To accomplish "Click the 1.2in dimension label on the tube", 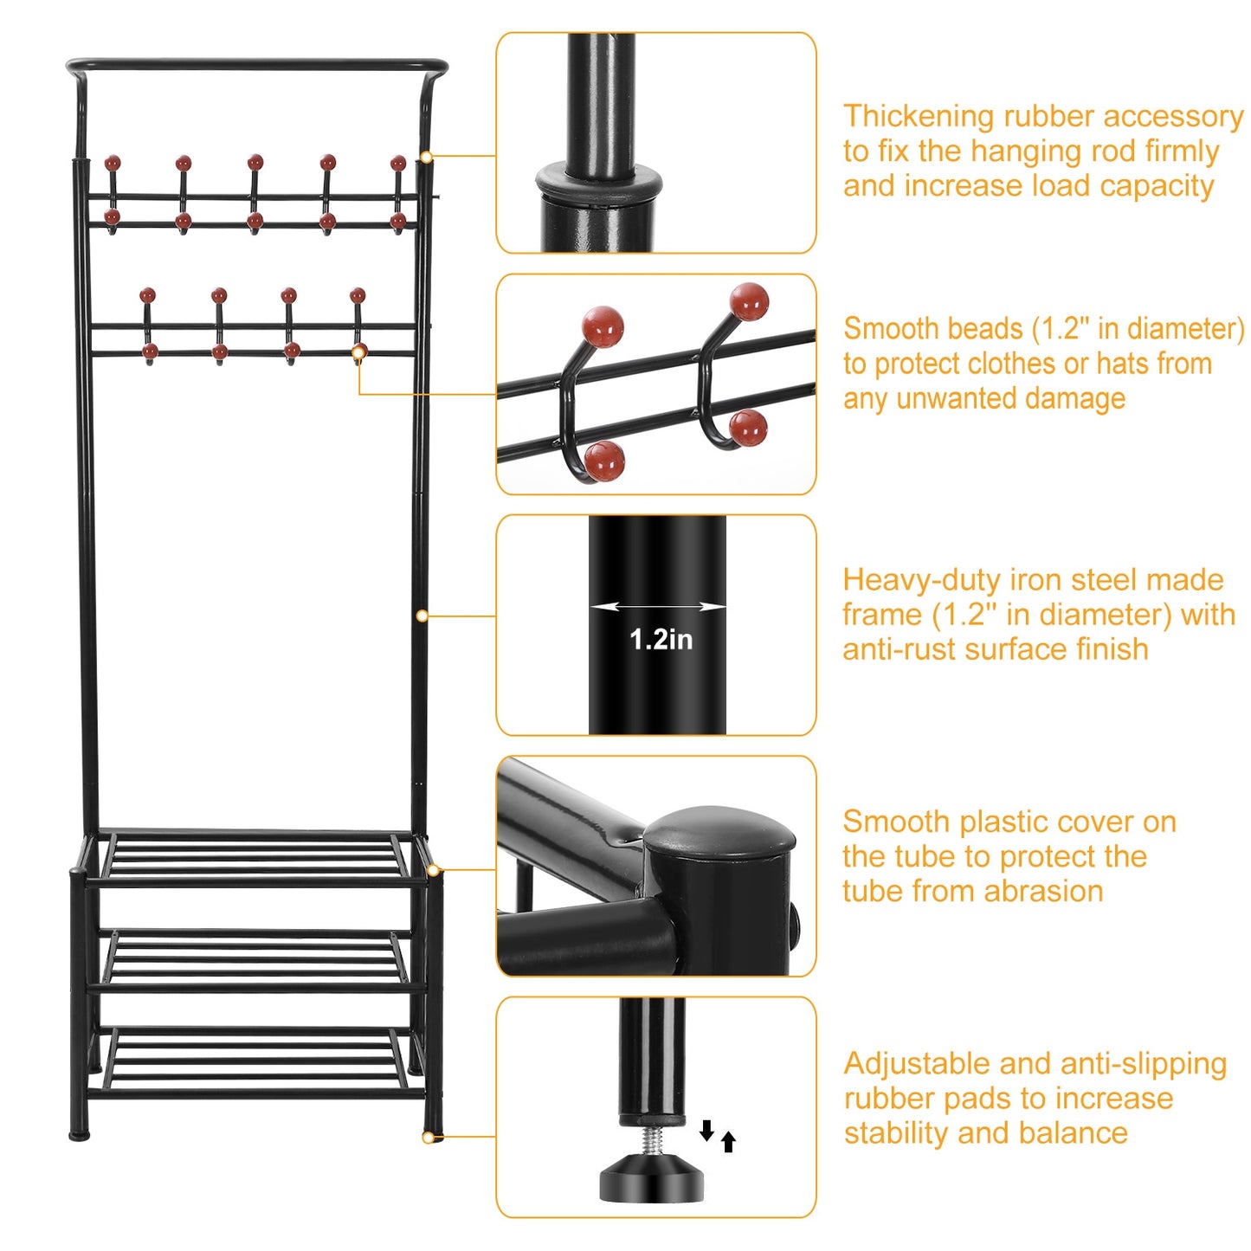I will pyautogui.click(x=661, y=640).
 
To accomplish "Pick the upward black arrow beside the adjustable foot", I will pyautogui.click(x=729, y=1142).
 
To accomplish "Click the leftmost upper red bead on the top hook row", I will pyautogui.click(x=113, y=163).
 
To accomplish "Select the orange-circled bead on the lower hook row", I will pyautogui.click(x=359, y=351).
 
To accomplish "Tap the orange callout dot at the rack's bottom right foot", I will pyautogui.click(x=428, y=1138).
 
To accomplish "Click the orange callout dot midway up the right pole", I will pyautogui.click(x=422, y=616).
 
